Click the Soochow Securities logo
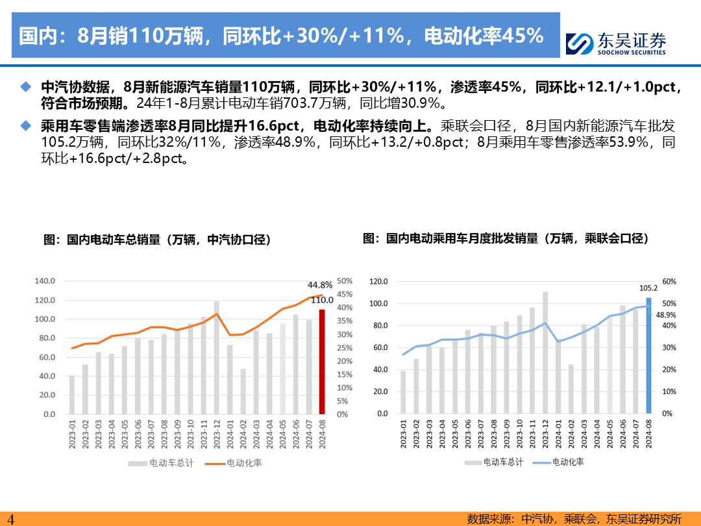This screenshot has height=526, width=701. click(615, 44)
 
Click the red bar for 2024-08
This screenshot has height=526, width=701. click(321, 362)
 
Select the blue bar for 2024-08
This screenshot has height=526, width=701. click(648, 356)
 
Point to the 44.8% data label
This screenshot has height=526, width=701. click(320, 284)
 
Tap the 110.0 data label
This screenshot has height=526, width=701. click(322, 300)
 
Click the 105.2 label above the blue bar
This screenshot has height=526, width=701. click(648, 288)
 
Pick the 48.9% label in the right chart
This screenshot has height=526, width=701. click(666, 315)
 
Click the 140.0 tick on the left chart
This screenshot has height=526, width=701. click(45, 281)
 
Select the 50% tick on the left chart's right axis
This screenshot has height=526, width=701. click(344, 281)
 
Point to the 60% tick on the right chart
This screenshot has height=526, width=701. click(669, 282)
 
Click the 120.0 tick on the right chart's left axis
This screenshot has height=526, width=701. click(378, 282)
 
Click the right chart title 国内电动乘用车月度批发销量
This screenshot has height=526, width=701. click(506, 238)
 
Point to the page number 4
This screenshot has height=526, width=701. click(10, 519)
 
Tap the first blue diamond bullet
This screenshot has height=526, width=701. click(26, 87)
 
